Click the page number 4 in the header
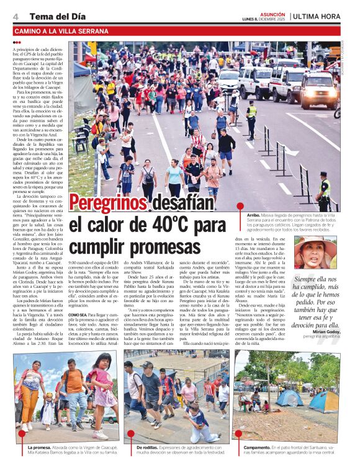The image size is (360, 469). [15, 16]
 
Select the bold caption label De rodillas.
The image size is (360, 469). [150, 447]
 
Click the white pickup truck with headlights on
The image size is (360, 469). [318, 90]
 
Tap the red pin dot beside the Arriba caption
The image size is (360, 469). [241, 212]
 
